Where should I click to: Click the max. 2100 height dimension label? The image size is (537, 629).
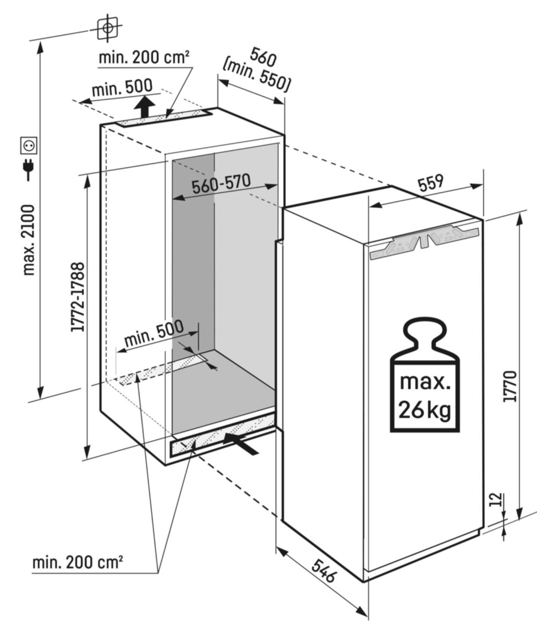pos(29,240)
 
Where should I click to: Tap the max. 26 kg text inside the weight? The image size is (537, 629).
pos(425,395)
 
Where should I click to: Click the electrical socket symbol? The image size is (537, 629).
pos(29,145)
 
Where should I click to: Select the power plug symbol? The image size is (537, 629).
pos(29,169)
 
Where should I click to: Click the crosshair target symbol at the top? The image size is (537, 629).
pos(108,27)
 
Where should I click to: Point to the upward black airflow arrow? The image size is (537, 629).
pos(144,106)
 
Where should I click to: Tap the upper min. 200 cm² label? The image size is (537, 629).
pos(143,58)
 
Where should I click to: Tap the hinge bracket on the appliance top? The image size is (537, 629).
pos(424,240)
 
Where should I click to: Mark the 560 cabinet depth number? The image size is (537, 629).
pos(263,56)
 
